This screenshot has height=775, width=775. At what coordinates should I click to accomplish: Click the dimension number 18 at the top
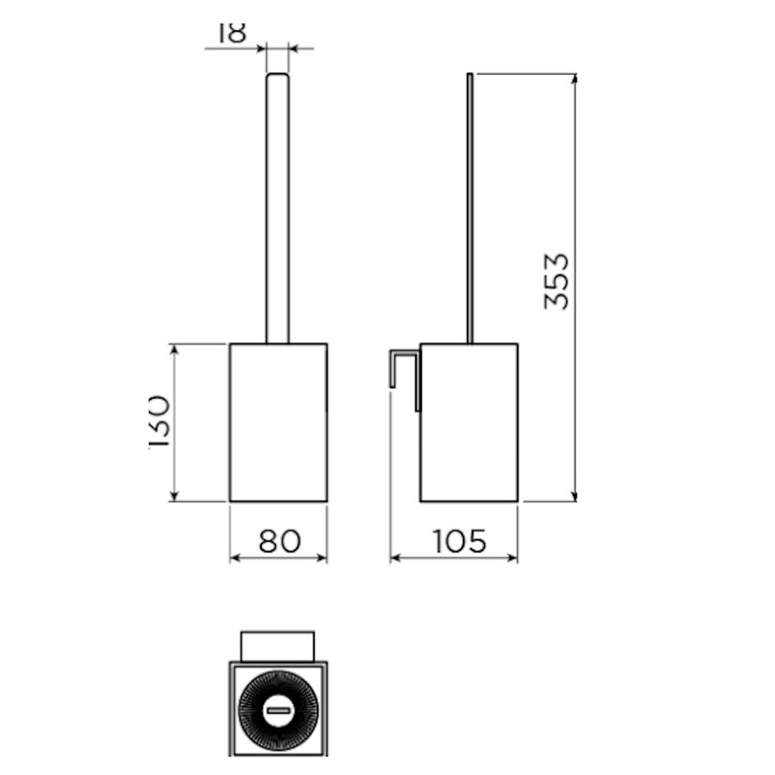coord(232,32)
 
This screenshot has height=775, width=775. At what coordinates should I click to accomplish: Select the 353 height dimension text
coord(557,281)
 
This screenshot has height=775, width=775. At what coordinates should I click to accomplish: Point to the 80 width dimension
coord(279,541)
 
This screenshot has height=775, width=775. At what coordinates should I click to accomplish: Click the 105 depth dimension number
coord(459,541)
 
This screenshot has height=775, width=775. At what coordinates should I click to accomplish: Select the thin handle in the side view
coord(469,207)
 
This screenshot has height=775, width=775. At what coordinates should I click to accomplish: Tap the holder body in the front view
coord(278,422)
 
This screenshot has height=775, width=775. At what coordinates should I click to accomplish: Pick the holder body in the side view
coord(469,422)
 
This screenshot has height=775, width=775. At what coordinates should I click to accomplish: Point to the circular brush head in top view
coord(278,710)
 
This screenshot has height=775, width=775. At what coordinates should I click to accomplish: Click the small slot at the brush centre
coord(278,710)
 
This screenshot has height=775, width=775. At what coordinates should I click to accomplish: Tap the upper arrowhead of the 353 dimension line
coord(574,79)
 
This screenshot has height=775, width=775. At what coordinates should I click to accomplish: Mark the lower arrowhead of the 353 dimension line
coord(574,495)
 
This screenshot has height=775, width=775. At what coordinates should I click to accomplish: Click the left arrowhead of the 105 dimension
coord(395,559)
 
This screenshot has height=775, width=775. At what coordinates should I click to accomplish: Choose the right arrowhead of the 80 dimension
coord(322,559)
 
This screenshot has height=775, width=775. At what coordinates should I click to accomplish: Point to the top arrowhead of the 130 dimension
coord(175,350)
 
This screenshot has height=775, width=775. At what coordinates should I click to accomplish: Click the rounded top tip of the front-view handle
coord(277,77)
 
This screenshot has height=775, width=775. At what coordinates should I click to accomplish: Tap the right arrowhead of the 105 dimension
coord(512,559)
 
